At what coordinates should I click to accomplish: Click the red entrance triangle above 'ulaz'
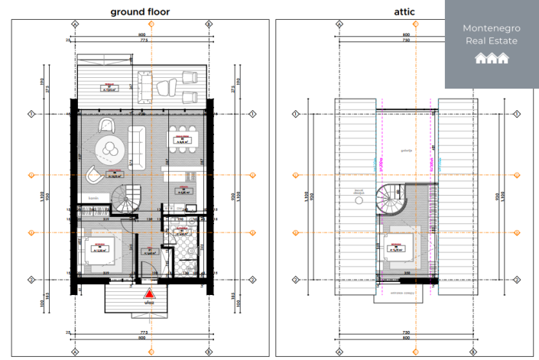point(151,293)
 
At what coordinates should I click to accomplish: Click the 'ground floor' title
point(140,11)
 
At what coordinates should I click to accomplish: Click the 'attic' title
point(404,11)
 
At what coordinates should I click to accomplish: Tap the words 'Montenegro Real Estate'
point(490,34)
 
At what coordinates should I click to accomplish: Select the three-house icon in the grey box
point(490,58)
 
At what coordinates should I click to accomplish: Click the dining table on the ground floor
point(182,139)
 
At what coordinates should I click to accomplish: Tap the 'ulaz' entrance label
point(151,303)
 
